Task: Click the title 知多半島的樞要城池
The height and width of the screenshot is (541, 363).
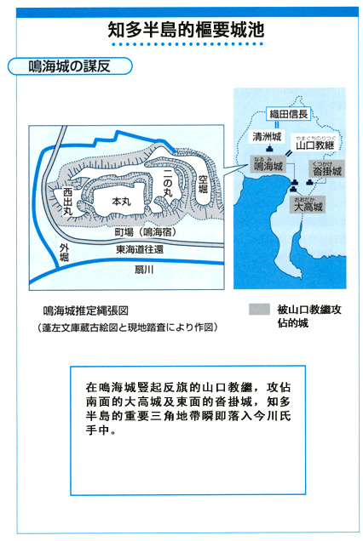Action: click(x=186, y=30)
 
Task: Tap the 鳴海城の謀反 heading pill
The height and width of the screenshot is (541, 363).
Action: click(x=70, y=66)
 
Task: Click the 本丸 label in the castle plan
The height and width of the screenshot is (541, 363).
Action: click(x=121, y=201)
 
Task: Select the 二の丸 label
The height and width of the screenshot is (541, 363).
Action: click(x=168, y=183)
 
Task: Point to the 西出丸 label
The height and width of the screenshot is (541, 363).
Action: click(x=68, y=202)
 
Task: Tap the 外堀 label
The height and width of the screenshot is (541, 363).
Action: click(x=64, y=253)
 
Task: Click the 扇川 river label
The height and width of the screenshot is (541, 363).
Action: click(x=144, y=269)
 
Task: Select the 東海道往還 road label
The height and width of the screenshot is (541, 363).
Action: click(x=140, y=249)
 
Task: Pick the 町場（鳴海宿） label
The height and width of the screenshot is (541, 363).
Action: click(x=145, y=232)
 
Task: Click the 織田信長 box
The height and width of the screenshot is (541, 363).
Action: click(x=288, y=114)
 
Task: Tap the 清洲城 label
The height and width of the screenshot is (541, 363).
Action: click(x=267, y=137)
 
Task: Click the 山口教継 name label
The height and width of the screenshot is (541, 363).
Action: click(x=315, y=145)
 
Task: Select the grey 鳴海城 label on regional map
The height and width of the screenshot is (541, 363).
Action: click(x=268, y=164)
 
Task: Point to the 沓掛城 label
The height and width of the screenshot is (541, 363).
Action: click(x=326, y=169)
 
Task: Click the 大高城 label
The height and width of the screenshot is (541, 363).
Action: click(x=308, y=205)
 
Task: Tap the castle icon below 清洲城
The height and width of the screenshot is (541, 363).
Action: click(x=269, y=149)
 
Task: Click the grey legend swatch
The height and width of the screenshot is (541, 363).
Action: click(x=259, y=309)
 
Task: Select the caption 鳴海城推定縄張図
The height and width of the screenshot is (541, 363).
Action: click(x=86, y=310)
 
